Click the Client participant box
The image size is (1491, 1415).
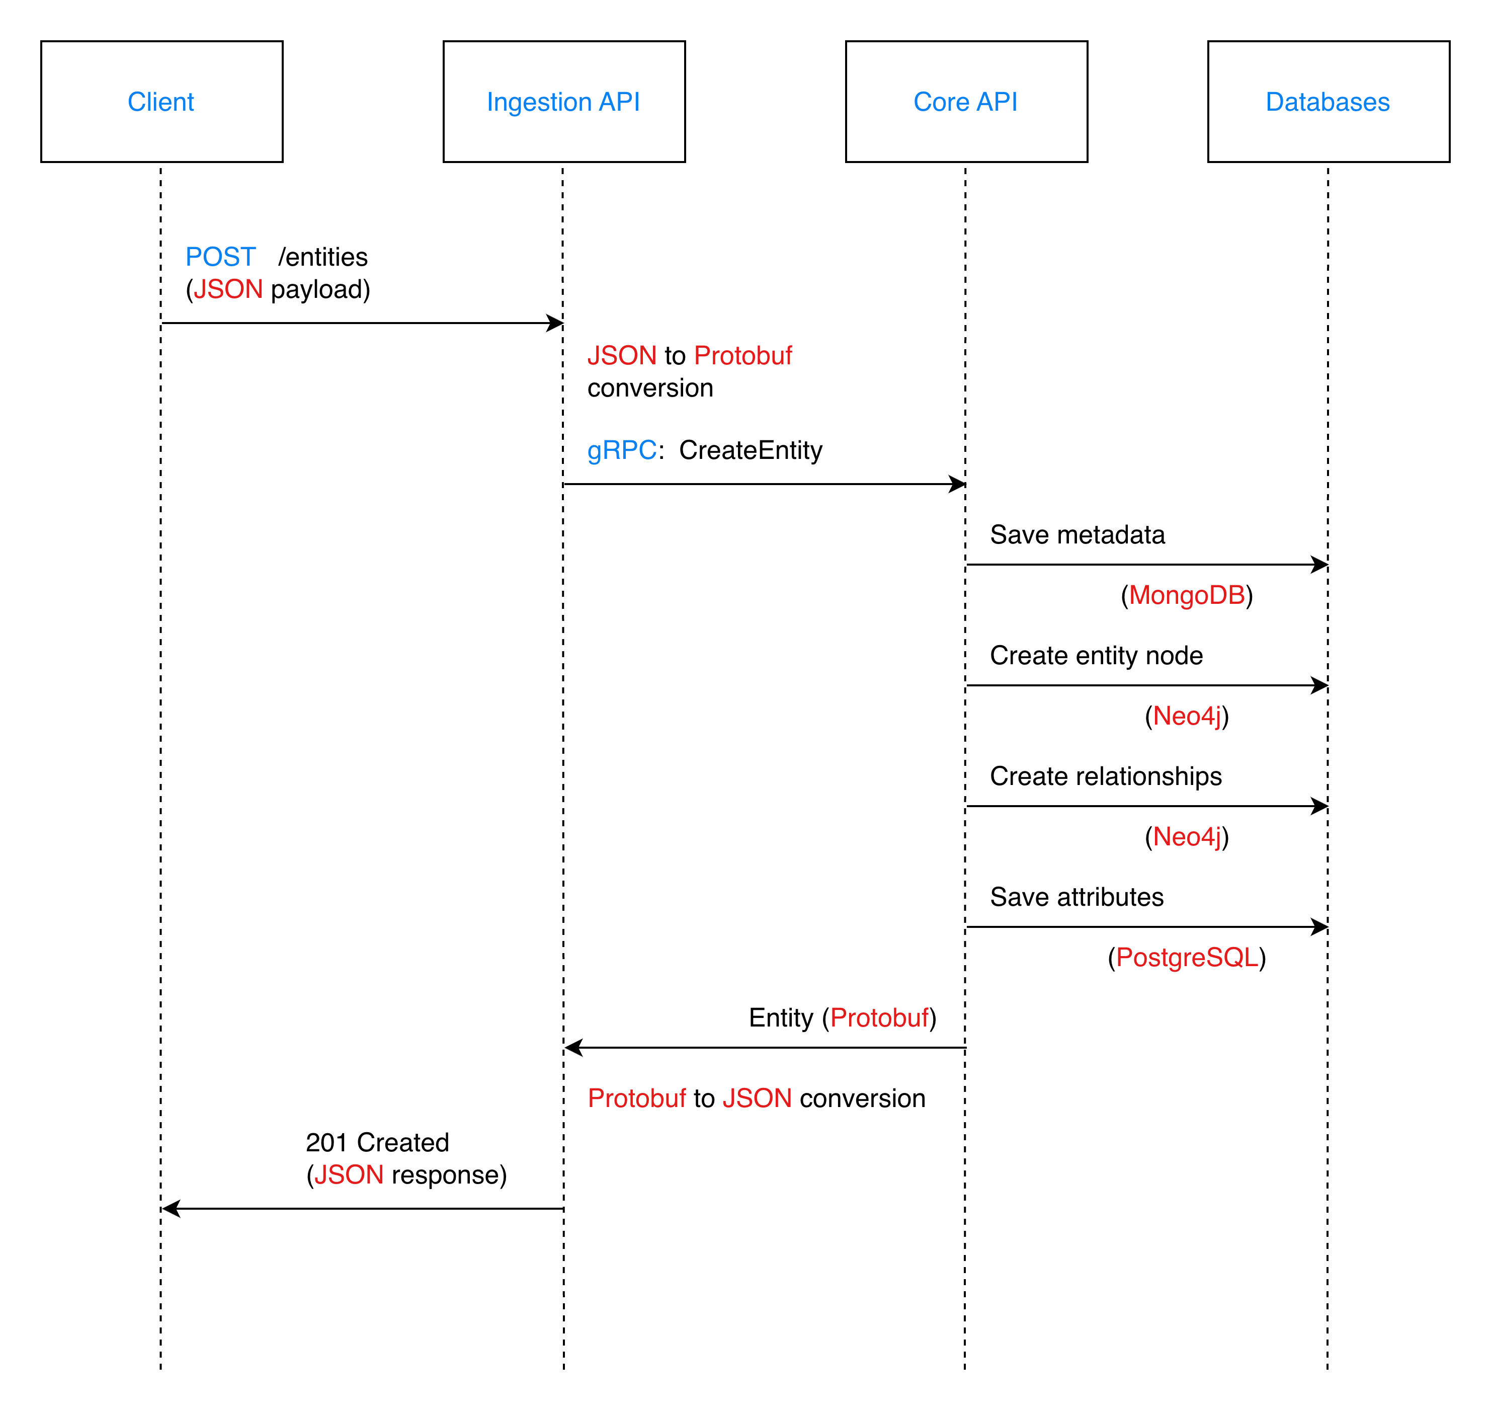pyautogui.click(x=161, y=101)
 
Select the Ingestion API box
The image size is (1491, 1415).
pyautogui.click(x=563, y=101)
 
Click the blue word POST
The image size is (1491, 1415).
pyautogui.click(x=220, y=257)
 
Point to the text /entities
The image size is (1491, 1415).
pyautogui.click(x=323, y=257)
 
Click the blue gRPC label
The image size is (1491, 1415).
pyautogui.click(x=621, y=450)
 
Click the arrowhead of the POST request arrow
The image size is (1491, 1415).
pyautogui.click(x=556, y=324)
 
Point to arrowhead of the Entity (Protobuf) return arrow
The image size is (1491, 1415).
pyautogui.click(x=573, y=1048)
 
